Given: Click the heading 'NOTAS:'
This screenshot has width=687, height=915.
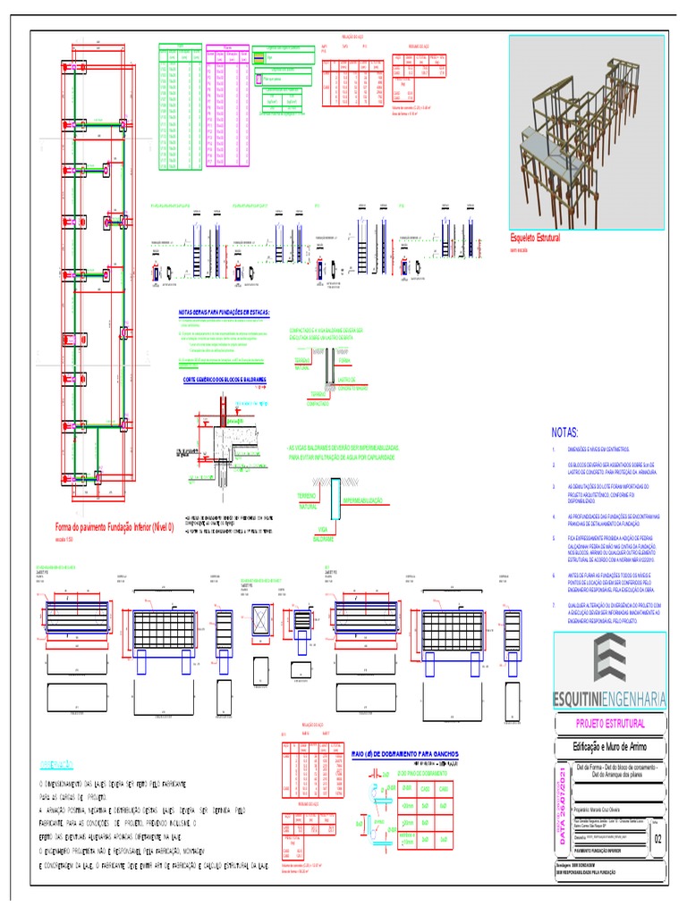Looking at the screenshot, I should coord(565,432).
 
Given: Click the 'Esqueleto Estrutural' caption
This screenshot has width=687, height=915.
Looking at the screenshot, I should coord(541,239).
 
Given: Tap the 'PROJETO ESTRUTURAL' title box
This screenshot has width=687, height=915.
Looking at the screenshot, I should coord(609,724).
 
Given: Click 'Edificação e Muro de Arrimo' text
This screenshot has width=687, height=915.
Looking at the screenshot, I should coord(609,747).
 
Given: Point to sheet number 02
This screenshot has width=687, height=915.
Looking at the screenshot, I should coord(659,839).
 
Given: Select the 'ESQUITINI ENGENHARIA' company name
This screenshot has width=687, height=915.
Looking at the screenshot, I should coord(609,697).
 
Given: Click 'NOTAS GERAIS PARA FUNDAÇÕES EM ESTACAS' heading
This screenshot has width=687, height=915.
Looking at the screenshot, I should coord(224,312).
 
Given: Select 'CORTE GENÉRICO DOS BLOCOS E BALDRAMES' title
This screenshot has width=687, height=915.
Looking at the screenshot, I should coord(225,379).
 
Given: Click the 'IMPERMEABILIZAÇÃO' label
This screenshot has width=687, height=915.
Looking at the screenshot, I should coord(362,500).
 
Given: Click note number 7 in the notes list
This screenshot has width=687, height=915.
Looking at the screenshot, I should coord(554,606).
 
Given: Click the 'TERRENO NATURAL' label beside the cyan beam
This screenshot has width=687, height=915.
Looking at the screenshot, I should coord(309,500).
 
